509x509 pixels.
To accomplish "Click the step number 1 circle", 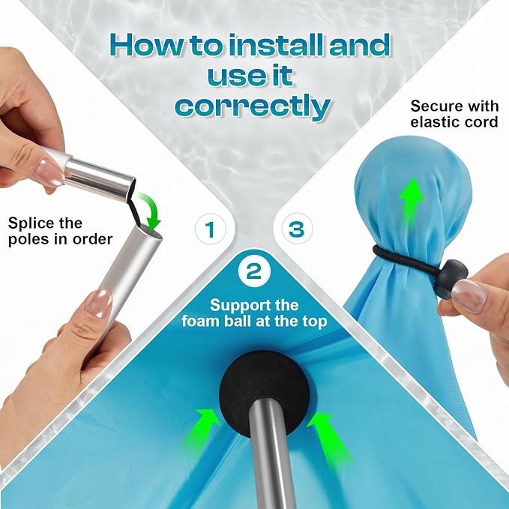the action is (x=211, y=229).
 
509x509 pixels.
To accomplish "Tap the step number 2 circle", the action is (x=254, y=271).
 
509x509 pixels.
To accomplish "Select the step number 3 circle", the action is (x=297, y=229).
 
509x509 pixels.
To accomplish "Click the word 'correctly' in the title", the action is (x=253, y=107).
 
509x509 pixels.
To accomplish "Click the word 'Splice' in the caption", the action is (x=27, y=223).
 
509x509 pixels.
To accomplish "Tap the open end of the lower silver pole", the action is (x=148, y=232).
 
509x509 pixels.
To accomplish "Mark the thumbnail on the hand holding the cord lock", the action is (x=469, y=295).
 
